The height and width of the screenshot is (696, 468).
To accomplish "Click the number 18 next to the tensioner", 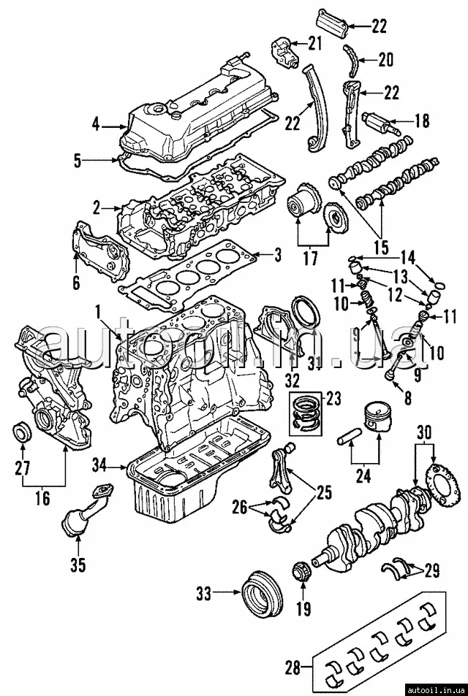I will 421,121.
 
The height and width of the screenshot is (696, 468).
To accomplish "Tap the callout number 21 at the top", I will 314,43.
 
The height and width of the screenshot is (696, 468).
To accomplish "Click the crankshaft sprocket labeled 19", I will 300,573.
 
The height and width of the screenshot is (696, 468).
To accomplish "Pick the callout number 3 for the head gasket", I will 277,256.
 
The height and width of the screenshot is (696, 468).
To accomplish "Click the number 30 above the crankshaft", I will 423,431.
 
